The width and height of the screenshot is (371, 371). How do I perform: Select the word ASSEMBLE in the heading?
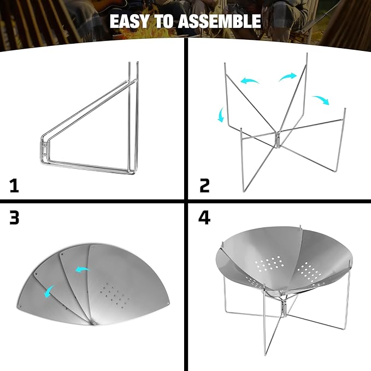click(x=219, y=21)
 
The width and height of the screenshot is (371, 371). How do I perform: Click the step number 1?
click(x=14, y=186)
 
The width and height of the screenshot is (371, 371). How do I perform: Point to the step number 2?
click(x=205, y=186)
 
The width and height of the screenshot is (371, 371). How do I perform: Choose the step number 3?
click(x=14, y=217)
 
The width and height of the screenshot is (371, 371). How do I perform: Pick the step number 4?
click(x=204, y=217)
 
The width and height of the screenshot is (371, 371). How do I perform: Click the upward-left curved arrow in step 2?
click(x=250, y=80)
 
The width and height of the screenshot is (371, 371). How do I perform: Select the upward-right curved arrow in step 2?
click(x=287, y=77)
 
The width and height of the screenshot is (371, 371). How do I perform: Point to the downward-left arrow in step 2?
click(x=221, y=115)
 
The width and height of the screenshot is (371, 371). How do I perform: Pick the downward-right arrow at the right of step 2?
click(x=321, y=100)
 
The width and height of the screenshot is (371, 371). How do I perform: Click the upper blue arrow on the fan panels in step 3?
click(x=83, y=269)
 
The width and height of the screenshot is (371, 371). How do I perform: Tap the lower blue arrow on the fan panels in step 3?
click(x=49, y=291)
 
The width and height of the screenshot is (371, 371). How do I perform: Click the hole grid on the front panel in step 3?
click(x=115, y=296)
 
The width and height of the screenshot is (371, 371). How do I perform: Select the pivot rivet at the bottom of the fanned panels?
click(x=94, y=322)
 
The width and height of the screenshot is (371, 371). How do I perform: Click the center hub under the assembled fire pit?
click(x=284, y=307)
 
